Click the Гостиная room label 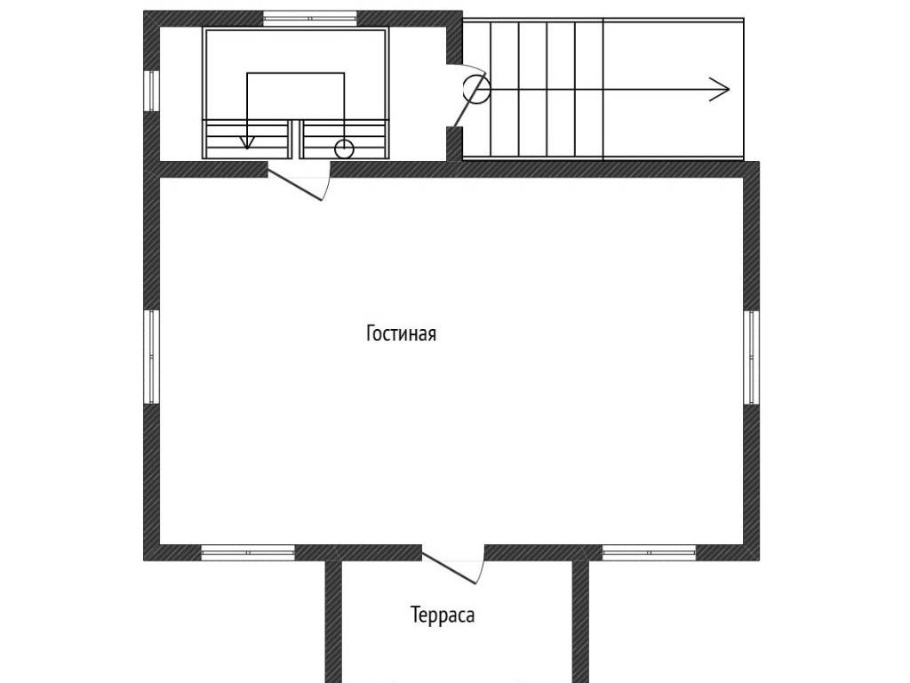401,333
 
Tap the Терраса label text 443,615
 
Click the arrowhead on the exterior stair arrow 720,90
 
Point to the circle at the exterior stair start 476,90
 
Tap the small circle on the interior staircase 344,149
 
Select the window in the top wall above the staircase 310,19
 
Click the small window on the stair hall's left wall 151,91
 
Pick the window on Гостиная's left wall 151,357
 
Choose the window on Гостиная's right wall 752,357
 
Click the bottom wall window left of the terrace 248,553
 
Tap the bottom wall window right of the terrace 649,553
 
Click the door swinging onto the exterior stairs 469,100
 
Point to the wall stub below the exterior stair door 454,143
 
